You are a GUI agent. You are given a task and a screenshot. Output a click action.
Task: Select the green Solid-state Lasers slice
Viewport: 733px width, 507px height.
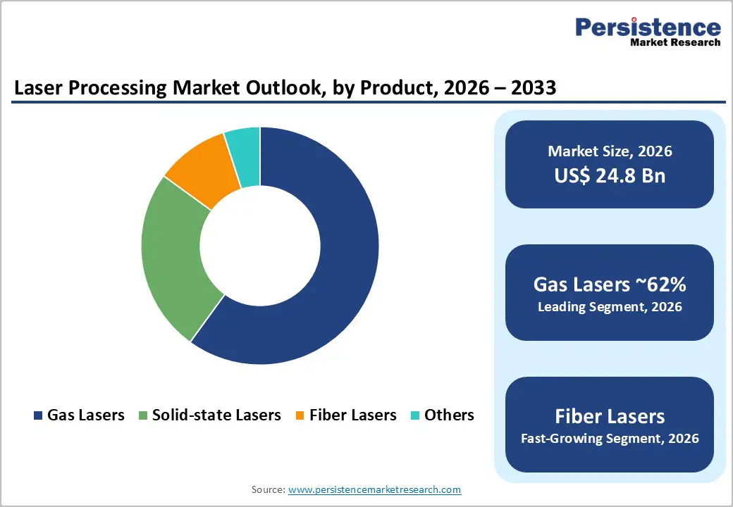pos(173,254)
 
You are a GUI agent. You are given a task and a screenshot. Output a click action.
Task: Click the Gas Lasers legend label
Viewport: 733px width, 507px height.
pos(85,415)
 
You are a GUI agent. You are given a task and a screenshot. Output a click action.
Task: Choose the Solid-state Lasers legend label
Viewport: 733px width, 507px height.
pos(216,415)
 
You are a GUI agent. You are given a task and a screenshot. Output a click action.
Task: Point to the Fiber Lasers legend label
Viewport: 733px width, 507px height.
pos(352,415)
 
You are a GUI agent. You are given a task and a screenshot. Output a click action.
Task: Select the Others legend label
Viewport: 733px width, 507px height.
pos(449,415)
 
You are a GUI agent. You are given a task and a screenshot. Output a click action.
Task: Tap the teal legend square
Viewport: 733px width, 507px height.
pos(414,415)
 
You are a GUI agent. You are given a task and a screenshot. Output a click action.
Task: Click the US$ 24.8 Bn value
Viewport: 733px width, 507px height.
pos(610,175)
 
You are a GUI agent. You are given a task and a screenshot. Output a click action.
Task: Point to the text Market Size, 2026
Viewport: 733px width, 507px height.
pos(610,151)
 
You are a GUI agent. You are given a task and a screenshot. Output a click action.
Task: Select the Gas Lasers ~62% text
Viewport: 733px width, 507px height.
pos(610,284)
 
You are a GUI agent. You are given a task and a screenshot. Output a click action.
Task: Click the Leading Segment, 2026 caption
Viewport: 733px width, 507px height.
pos(610,307)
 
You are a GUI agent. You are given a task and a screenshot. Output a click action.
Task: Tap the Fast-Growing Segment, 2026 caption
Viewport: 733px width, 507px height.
pos(610,439)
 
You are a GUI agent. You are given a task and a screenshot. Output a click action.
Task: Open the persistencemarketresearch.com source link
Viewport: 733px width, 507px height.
pos(374,489)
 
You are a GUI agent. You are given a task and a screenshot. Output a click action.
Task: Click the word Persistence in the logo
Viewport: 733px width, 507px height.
pos(648,27)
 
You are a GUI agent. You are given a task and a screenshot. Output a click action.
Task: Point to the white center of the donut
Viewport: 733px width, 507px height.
pos(260,246)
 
